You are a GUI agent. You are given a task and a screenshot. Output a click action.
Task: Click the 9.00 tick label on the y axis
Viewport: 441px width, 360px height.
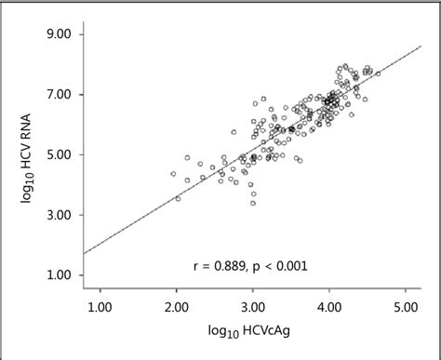pos(65,35)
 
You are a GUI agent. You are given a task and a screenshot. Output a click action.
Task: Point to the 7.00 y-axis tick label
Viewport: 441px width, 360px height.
pos(65,95)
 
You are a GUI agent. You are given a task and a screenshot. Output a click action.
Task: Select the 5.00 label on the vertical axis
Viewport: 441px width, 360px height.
pos(65,154)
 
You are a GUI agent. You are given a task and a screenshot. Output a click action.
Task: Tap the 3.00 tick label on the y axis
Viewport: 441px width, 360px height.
pos(65,215)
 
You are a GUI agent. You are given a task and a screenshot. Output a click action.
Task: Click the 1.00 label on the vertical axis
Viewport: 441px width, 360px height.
pos(65,275)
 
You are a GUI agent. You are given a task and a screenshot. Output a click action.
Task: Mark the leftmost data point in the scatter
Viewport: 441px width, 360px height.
pos(172,174)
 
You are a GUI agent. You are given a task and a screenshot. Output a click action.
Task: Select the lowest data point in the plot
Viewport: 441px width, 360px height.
pos(252,203)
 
